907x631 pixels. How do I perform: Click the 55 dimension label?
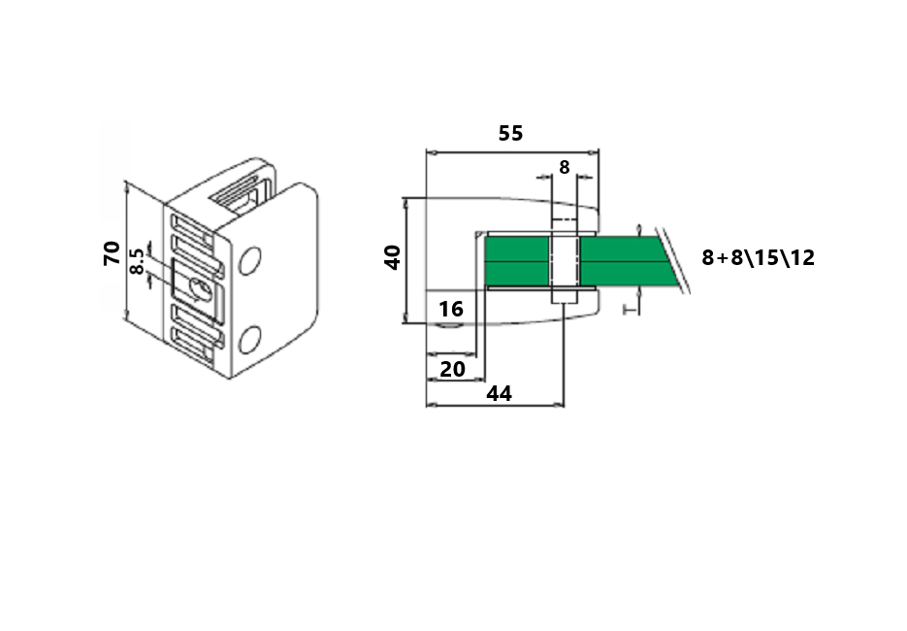(511, 133)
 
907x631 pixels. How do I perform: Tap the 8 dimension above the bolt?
(564, 167)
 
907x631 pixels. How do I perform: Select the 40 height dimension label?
(393, 257)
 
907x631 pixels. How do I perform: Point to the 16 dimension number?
(451, 309)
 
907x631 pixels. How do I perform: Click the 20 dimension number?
(452, 369)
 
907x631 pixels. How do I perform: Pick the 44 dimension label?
(500, 394)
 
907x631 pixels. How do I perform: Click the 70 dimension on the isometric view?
(112, 253)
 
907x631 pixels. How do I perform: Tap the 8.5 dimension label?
(138, 261)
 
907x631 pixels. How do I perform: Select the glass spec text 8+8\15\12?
(758, 257)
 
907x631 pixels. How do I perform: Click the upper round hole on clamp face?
(250, 261)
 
